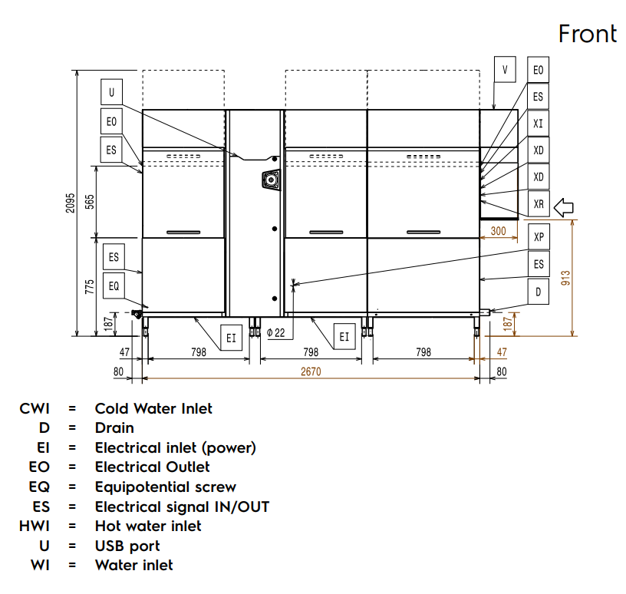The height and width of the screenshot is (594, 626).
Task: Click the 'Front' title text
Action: [588, 34]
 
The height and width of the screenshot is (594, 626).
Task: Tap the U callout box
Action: [111, 92]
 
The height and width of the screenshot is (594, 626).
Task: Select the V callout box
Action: [505, 70]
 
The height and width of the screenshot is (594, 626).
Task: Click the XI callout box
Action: [539, 124]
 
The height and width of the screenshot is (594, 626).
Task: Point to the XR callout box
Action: [539, 203]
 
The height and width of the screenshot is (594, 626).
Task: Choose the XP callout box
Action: [539, 237]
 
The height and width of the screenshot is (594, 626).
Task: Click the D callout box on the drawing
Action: [539, 292]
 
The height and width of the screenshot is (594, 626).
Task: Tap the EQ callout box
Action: [114, 285]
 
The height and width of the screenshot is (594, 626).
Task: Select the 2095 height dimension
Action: [71, 203]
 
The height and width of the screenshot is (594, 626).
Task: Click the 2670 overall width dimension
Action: [311, 371]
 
